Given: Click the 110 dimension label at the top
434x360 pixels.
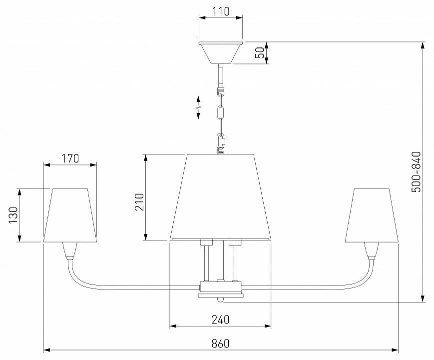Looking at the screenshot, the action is click(221, 11).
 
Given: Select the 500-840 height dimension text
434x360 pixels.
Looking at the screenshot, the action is click(416, 172).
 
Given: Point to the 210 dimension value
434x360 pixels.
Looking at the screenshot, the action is click(139, 202).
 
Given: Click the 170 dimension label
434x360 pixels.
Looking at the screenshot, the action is click(70, 158).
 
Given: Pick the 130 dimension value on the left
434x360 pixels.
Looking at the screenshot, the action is click(13, 215).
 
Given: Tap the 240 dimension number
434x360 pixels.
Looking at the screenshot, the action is click(221, 319).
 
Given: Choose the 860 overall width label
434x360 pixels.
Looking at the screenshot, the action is click(221, 343).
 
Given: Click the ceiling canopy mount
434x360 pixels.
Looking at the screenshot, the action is click(221, 53).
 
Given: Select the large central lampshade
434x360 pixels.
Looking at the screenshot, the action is click(220, 197).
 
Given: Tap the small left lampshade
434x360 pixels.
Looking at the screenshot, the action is click(70, 215).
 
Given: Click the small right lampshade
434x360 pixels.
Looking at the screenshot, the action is click(372, 215).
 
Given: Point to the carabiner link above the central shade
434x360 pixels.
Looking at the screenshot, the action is click(221, 141).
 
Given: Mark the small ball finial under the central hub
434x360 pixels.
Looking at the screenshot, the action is click(220, 299).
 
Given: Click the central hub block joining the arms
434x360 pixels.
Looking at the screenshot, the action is click(221, 289).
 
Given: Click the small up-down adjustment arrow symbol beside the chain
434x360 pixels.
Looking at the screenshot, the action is click(198, 107).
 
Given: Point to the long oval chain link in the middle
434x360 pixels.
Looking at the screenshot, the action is click(221, 113).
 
